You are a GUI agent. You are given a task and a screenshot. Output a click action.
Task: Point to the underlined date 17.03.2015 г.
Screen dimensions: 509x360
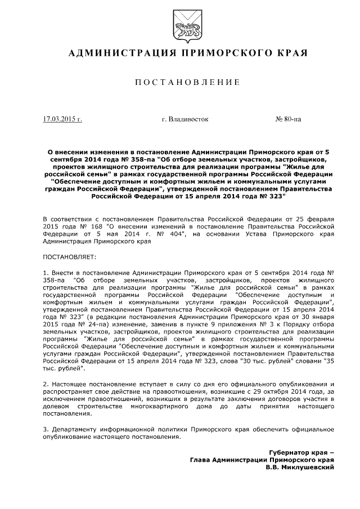coord(62,119)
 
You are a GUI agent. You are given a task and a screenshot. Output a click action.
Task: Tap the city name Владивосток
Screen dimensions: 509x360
coord(184,119)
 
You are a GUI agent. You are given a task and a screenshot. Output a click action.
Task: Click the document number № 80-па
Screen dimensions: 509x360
coord(288,119)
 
